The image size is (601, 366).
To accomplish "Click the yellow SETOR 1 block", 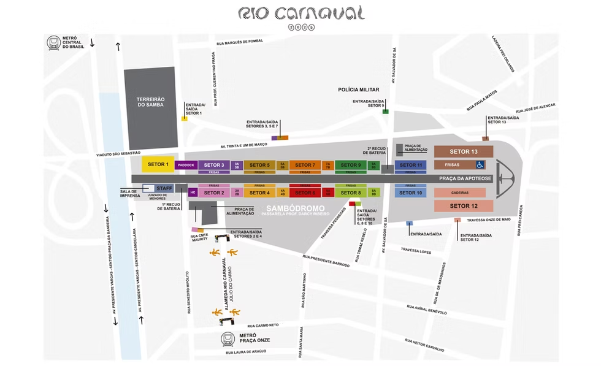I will [158, 164].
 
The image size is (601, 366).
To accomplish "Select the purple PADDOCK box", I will [186, 165].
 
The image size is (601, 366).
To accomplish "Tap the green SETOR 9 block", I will [351, 165].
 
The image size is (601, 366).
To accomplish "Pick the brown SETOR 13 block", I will [464, 151].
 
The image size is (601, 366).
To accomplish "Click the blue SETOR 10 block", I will [411, 193].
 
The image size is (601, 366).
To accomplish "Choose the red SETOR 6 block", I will [305, 193].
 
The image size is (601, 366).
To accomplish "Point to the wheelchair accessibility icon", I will [480, 164].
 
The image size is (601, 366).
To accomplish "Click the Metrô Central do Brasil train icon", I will [53, 43].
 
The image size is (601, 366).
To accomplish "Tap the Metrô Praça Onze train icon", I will [229, 338].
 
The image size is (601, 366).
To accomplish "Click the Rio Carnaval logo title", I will [300, 13].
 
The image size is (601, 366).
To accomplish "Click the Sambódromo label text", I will [296, 209].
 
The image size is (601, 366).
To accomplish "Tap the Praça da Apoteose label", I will [465, 178].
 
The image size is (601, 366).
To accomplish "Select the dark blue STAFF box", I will [164, 188].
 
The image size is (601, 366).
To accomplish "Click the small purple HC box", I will [193, 193].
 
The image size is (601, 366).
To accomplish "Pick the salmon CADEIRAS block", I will [464, 193].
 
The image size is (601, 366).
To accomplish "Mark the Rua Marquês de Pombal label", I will [239, 42].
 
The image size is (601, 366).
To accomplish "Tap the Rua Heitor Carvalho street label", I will [424, 345].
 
